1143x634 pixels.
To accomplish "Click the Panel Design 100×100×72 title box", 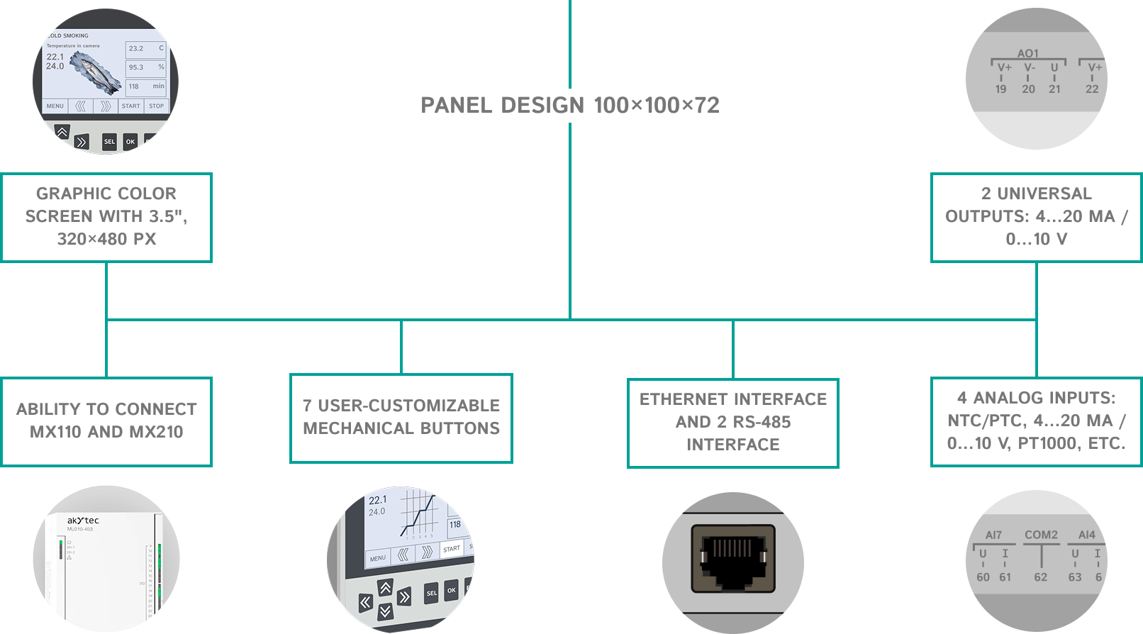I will point(570,105).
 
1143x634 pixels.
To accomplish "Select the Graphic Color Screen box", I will point(106,217).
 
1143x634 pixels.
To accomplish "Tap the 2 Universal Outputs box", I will point(1036,217).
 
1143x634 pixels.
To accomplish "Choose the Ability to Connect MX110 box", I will point(106,421).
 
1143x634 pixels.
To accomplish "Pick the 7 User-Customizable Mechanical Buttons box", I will point(401,418).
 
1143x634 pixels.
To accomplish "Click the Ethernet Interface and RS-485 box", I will point(733,423).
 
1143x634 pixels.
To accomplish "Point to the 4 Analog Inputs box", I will point(1036,421).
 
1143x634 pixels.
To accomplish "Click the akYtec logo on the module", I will point(84,521).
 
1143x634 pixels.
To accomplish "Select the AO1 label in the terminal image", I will point(1027,53).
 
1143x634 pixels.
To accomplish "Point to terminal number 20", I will point(1028,89).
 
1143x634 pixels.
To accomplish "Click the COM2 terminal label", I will point(1041,535).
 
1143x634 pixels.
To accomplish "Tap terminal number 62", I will point(1040,577).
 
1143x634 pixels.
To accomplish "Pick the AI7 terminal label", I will point(993,535).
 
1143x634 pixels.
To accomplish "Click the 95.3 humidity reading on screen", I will point(136,67).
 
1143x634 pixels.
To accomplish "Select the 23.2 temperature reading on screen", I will point(136,49).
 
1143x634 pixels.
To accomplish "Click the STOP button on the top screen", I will point(156,106).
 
